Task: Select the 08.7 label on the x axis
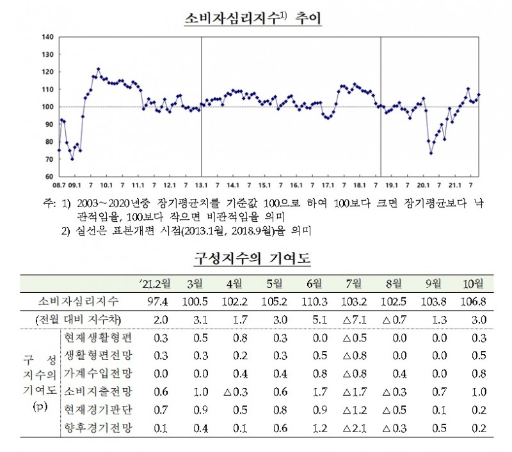(x=59, y=185)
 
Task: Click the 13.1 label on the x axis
(x=201, y=185)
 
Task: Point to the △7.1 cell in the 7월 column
(x=353, y=319)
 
